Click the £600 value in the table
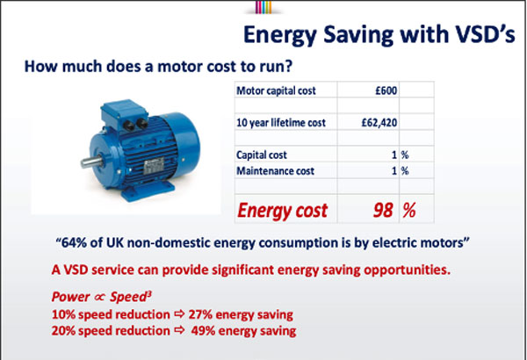pyautogui.click(x=386, y=90)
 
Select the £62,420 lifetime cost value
pyautogui.click(x=379, y=123)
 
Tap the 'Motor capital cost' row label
pyautogui.click(x=276, y=90)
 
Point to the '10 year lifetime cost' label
pyautogui.click(x=281, y=123)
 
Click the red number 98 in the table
pyautogui.click(x=383, y=211)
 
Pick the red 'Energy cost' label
pyautogui.click(x=282, y=211)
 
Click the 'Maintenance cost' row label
pyautogui.click(x=275, y=170)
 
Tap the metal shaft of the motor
pyautogui.click(x=91, y=162)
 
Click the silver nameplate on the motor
pyautogui.click(x=154, y=167)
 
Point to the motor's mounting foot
pyautogui.click(x=148, y=192)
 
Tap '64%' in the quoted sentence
pyautogui.click(x=74, y=242)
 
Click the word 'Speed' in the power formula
pyautogui.click(x=129, y=297)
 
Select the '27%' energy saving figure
pyautogui.click(x=200, y=314)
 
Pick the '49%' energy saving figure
pyautogui.click(x=203, y=331)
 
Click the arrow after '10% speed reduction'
pyautogui.click(x=179, y=314)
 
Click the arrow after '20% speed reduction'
pyautogui.click(x=179, y=330)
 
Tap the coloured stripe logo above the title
pyautogui.click(x=263, y=7)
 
